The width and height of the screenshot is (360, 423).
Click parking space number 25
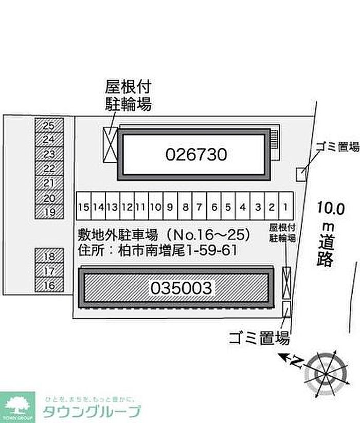(x=49, y=125)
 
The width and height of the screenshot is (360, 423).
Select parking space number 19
(x=49, y=212)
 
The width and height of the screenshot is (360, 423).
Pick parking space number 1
(x=285, y=207)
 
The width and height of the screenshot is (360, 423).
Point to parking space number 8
(x=185, y=207)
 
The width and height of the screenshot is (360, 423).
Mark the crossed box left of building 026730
(x=111, y=143)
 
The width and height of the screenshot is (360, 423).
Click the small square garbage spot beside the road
(x=301, y=174)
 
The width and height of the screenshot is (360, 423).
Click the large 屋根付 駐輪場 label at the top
(x=129, y=95)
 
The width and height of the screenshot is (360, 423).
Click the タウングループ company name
(x=92, y=411)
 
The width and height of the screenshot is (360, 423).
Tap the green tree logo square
(x=17, y=407)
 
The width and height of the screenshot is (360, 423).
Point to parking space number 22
(x=49, y=168)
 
